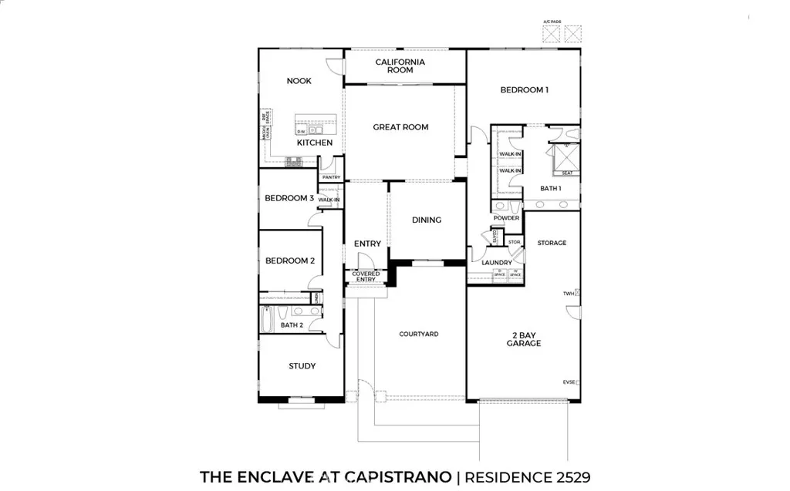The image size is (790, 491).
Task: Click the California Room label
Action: pos(400,66)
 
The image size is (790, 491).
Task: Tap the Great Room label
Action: pos(400,127)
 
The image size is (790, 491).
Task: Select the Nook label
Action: pos(299,81)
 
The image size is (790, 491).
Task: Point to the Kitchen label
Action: pos(315,143)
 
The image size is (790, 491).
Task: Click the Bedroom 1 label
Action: pos(524,90)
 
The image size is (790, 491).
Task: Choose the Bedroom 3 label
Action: pos(289,198)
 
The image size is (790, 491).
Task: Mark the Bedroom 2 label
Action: pos(289,261)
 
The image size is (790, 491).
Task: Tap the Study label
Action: pos(302,366)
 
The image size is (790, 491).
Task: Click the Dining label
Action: pos(426,220)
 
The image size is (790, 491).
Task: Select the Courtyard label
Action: pos(418,334)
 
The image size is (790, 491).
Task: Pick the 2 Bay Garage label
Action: pos(524,339)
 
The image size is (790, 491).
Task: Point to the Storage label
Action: pos(552,243)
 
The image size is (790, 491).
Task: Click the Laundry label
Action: pos(497,263)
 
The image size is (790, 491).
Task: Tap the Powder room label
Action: pos(506,218)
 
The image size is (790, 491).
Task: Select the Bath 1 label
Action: pos(550,188)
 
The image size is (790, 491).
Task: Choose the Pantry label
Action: pos(331,177)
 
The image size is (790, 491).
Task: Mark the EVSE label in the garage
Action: pos(569,382)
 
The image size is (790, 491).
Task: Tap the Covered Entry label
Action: pos(366,276)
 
